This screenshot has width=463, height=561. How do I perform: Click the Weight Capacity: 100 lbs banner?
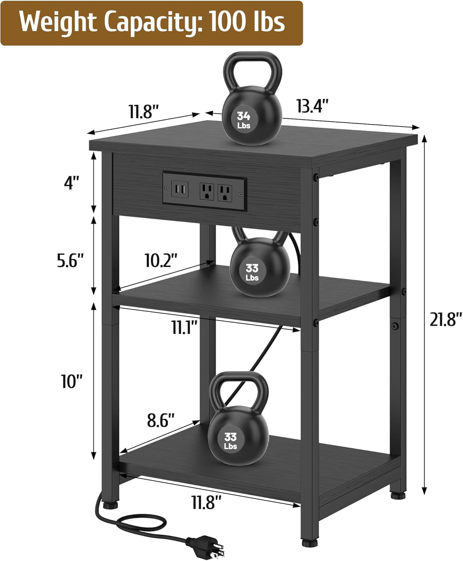[152, 23]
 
